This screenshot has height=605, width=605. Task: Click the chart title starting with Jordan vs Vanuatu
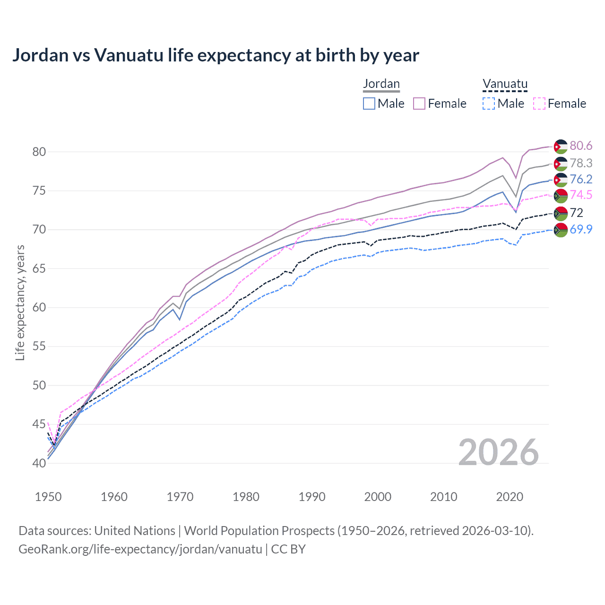pyautogui.click(x=216, y=55)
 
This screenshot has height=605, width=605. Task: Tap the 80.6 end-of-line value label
pyautogui.click(x=581, y=146)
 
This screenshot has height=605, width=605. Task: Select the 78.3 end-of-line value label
pyautogui.click(x=581, y=163)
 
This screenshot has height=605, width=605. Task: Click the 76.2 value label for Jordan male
pyautogui.click(x=581, y=179)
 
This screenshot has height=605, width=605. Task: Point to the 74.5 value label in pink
pyautogui.click(x=581, y=195)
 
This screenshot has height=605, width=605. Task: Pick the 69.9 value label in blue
pyautogui.click(x=581, y=229)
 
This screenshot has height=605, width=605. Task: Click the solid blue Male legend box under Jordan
pyautogui.click(x=369, y=104)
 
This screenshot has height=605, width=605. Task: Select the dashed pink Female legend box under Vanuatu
pyautogui.click(x=539, y=104)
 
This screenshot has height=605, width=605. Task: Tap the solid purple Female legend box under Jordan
pyautogui.click(x=419, y=104)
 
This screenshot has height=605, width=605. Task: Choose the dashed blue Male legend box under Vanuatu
pyautogui.click(x=489, y=104)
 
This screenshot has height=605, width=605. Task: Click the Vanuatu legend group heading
pyautogui.click(x=505, y=84)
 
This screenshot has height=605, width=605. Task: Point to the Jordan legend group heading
pyautogui.click(x=381, y=84)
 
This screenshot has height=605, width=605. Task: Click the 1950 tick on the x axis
pyautogui.click(x=48, y=497)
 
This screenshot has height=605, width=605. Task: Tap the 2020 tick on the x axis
pyautogui.click(x=510, y=497)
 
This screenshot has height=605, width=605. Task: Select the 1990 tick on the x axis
pyautogui.click(x=312, y=497)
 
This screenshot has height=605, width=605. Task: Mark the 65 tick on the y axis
pyautogui.click(x=39, y=268)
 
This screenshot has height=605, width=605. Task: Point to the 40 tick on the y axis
pyautogui.click(x=39, y=463)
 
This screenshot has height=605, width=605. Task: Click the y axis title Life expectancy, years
pyautogui.click(x=20, y=302)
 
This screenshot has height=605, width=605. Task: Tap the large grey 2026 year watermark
pyautogui.click(x=499, y=452)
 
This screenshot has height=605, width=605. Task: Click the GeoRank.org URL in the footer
pyautogui.click(x=140, y=549)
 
